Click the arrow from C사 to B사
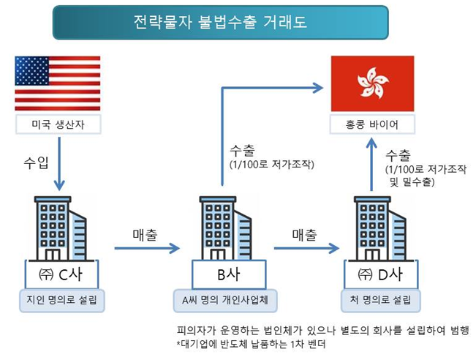146,249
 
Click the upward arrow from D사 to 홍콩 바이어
371,165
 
